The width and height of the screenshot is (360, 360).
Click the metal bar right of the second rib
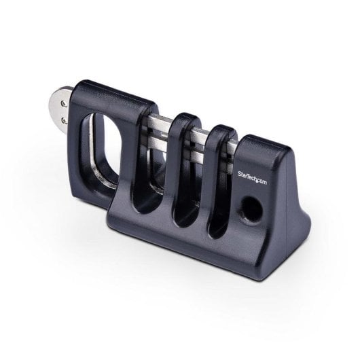tap(233, 147)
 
